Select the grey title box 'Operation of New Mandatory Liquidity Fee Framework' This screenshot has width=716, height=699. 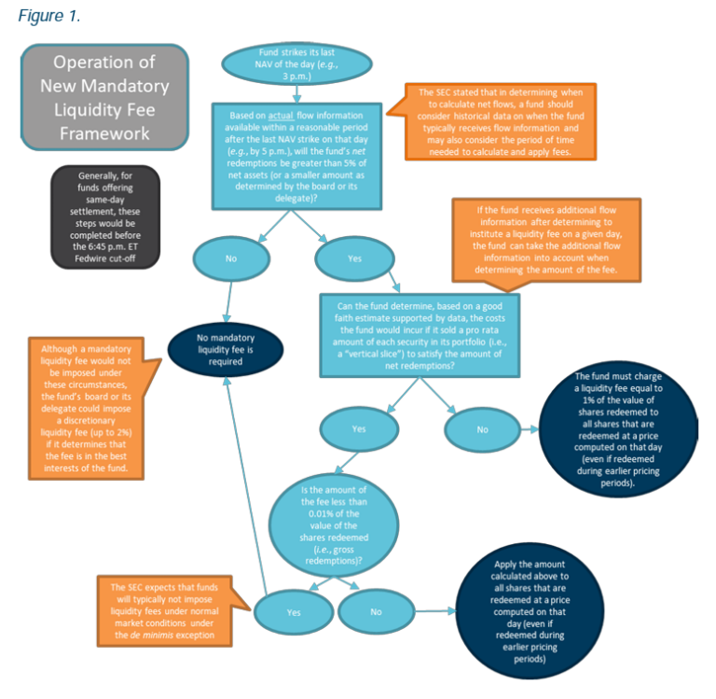click(x=104, y=98)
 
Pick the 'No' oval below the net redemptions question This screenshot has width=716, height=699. click(x=230, y=259)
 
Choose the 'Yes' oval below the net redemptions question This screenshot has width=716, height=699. click(x=354, y=259)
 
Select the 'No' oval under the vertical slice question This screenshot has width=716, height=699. click(x=483, y=430)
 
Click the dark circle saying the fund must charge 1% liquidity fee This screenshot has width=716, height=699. click(x=618, y=430)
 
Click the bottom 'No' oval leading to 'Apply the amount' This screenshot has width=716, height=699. click(x=376, y=613)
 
